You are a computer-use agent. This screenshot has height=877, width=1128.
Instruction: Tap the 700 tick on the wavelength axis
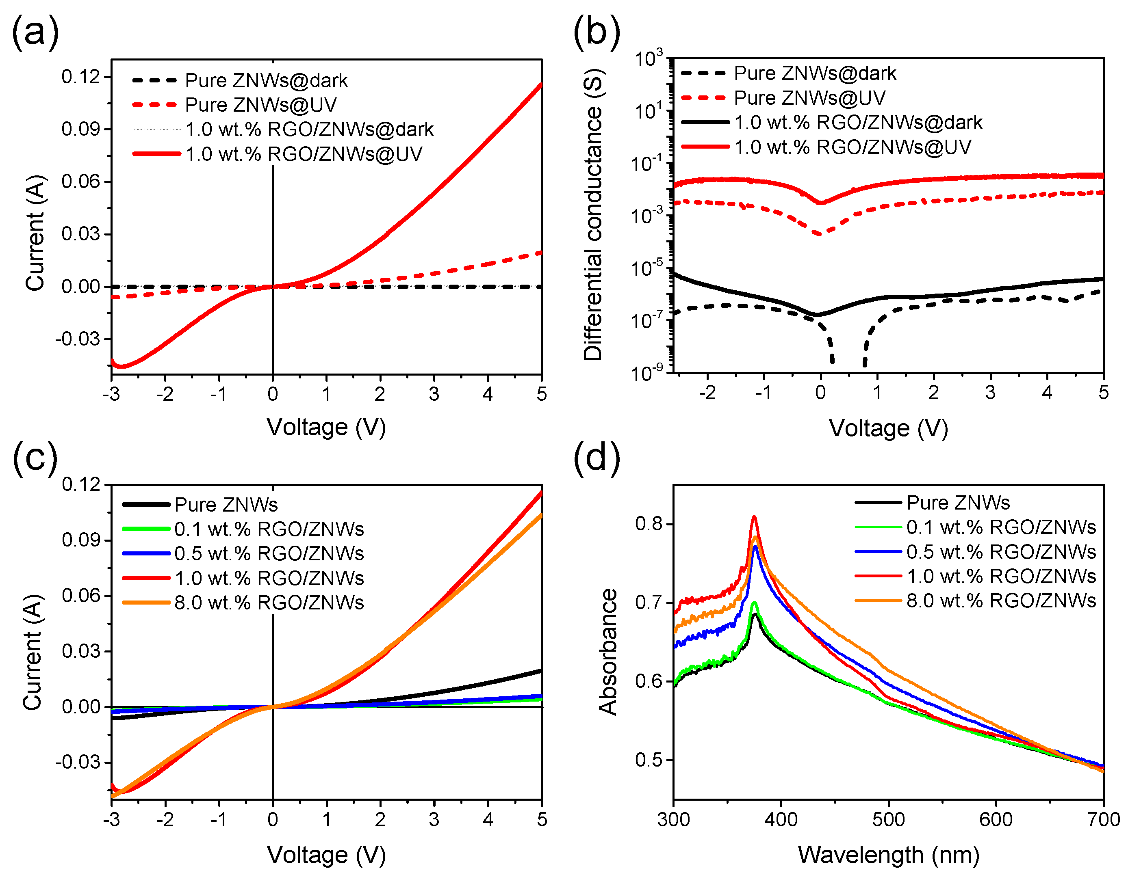1103,819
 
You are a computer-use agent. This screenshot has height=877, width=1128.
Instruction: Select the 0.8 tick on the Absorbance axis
649,524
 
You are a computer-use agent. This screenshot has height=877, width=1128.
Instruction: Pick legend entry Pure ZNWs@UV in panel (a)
261,105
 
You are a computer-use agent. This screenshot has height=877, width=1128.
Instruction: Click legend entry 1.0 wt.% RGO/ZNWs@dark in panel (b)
858,122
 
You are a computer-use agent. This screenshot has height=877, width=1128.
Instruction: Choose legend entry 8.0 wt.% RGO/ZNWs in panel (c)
269,603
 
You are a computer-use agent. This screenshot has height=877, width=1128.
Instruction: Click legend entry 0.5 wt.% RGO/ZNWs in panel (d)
1001,552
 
